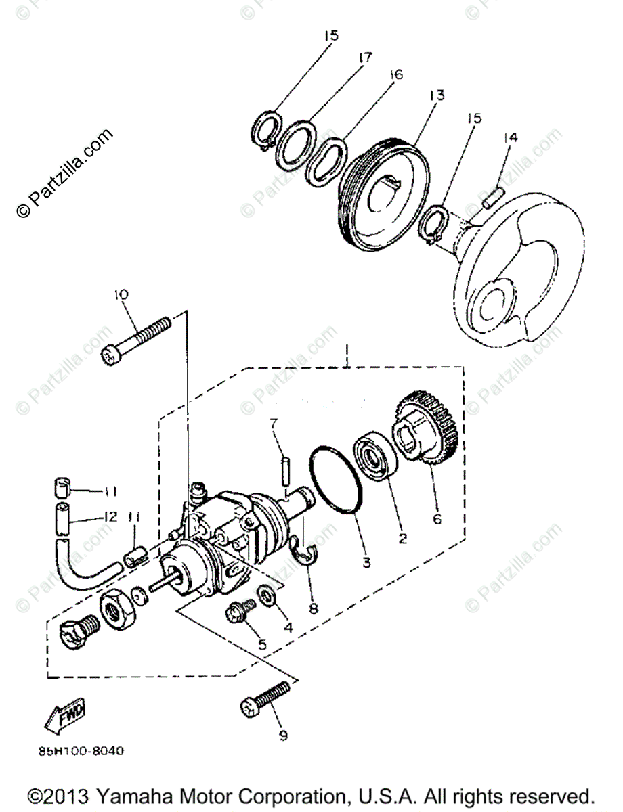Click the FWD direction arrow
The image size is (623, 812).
65,715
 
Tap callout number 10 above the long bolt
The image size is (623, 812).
121,295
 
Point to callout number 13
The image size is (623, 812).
437,95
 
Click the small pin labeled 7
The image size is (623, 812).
286,468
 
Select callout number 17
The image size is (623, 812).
365,58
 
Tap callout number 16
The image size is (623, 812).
395,74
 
